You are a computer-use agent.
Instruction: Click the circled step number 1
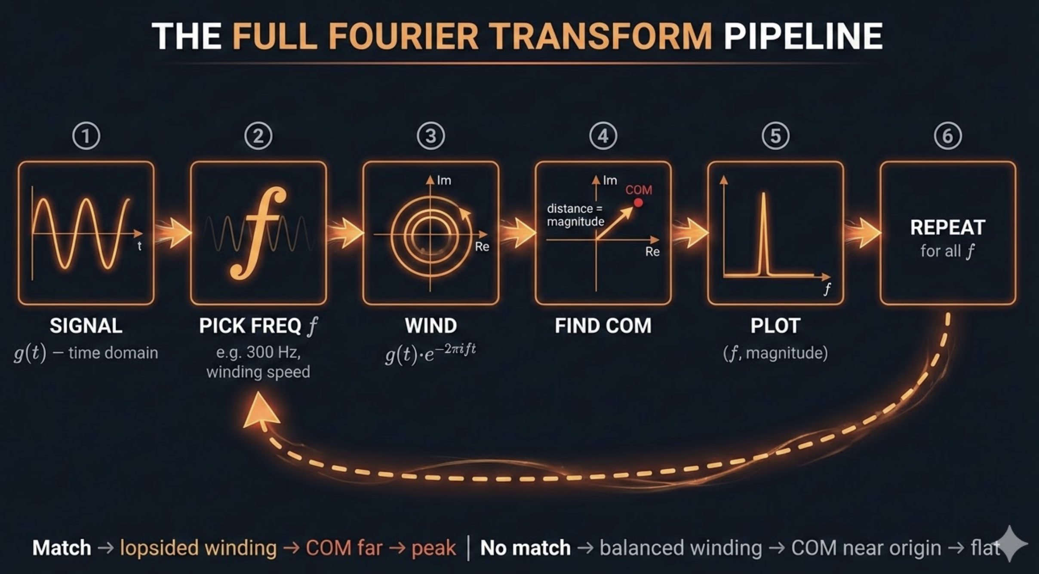pyautogui.click(x=86, y=136)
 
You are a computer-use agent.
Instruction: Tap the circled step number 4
pyautogui.click(x=603, y=136)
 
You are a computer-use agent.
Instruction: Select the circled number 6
pyautogui.click(x=948, y=136)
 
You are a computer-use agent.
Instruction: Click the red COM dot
pyautogui.click(x=638, y=202)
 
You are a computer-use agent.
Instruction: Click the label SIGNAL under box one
pyautogui.click(x=86, y=326)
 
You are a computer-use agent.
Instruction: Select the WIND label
pyautogui.click(x=431, y=326)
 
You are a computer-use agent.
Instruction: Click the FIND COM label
pyautogui.click(x=603, y=326)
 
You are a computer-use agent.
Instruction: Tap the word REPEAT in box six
pyautogui.click(x=948, y=228)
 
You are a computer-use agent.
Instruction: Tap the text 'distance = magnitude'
pyautogui.click(x=575, y=215)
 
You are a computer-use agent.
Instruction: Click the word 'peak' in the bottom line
pyautogui.click(x=433, y=548)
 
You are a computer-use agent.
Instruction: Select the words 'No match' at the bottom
pyautogui.click(x=525, y=548)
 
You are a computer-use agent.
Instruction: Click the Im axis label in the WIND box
pyautogui.click(x=444, y=180)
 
